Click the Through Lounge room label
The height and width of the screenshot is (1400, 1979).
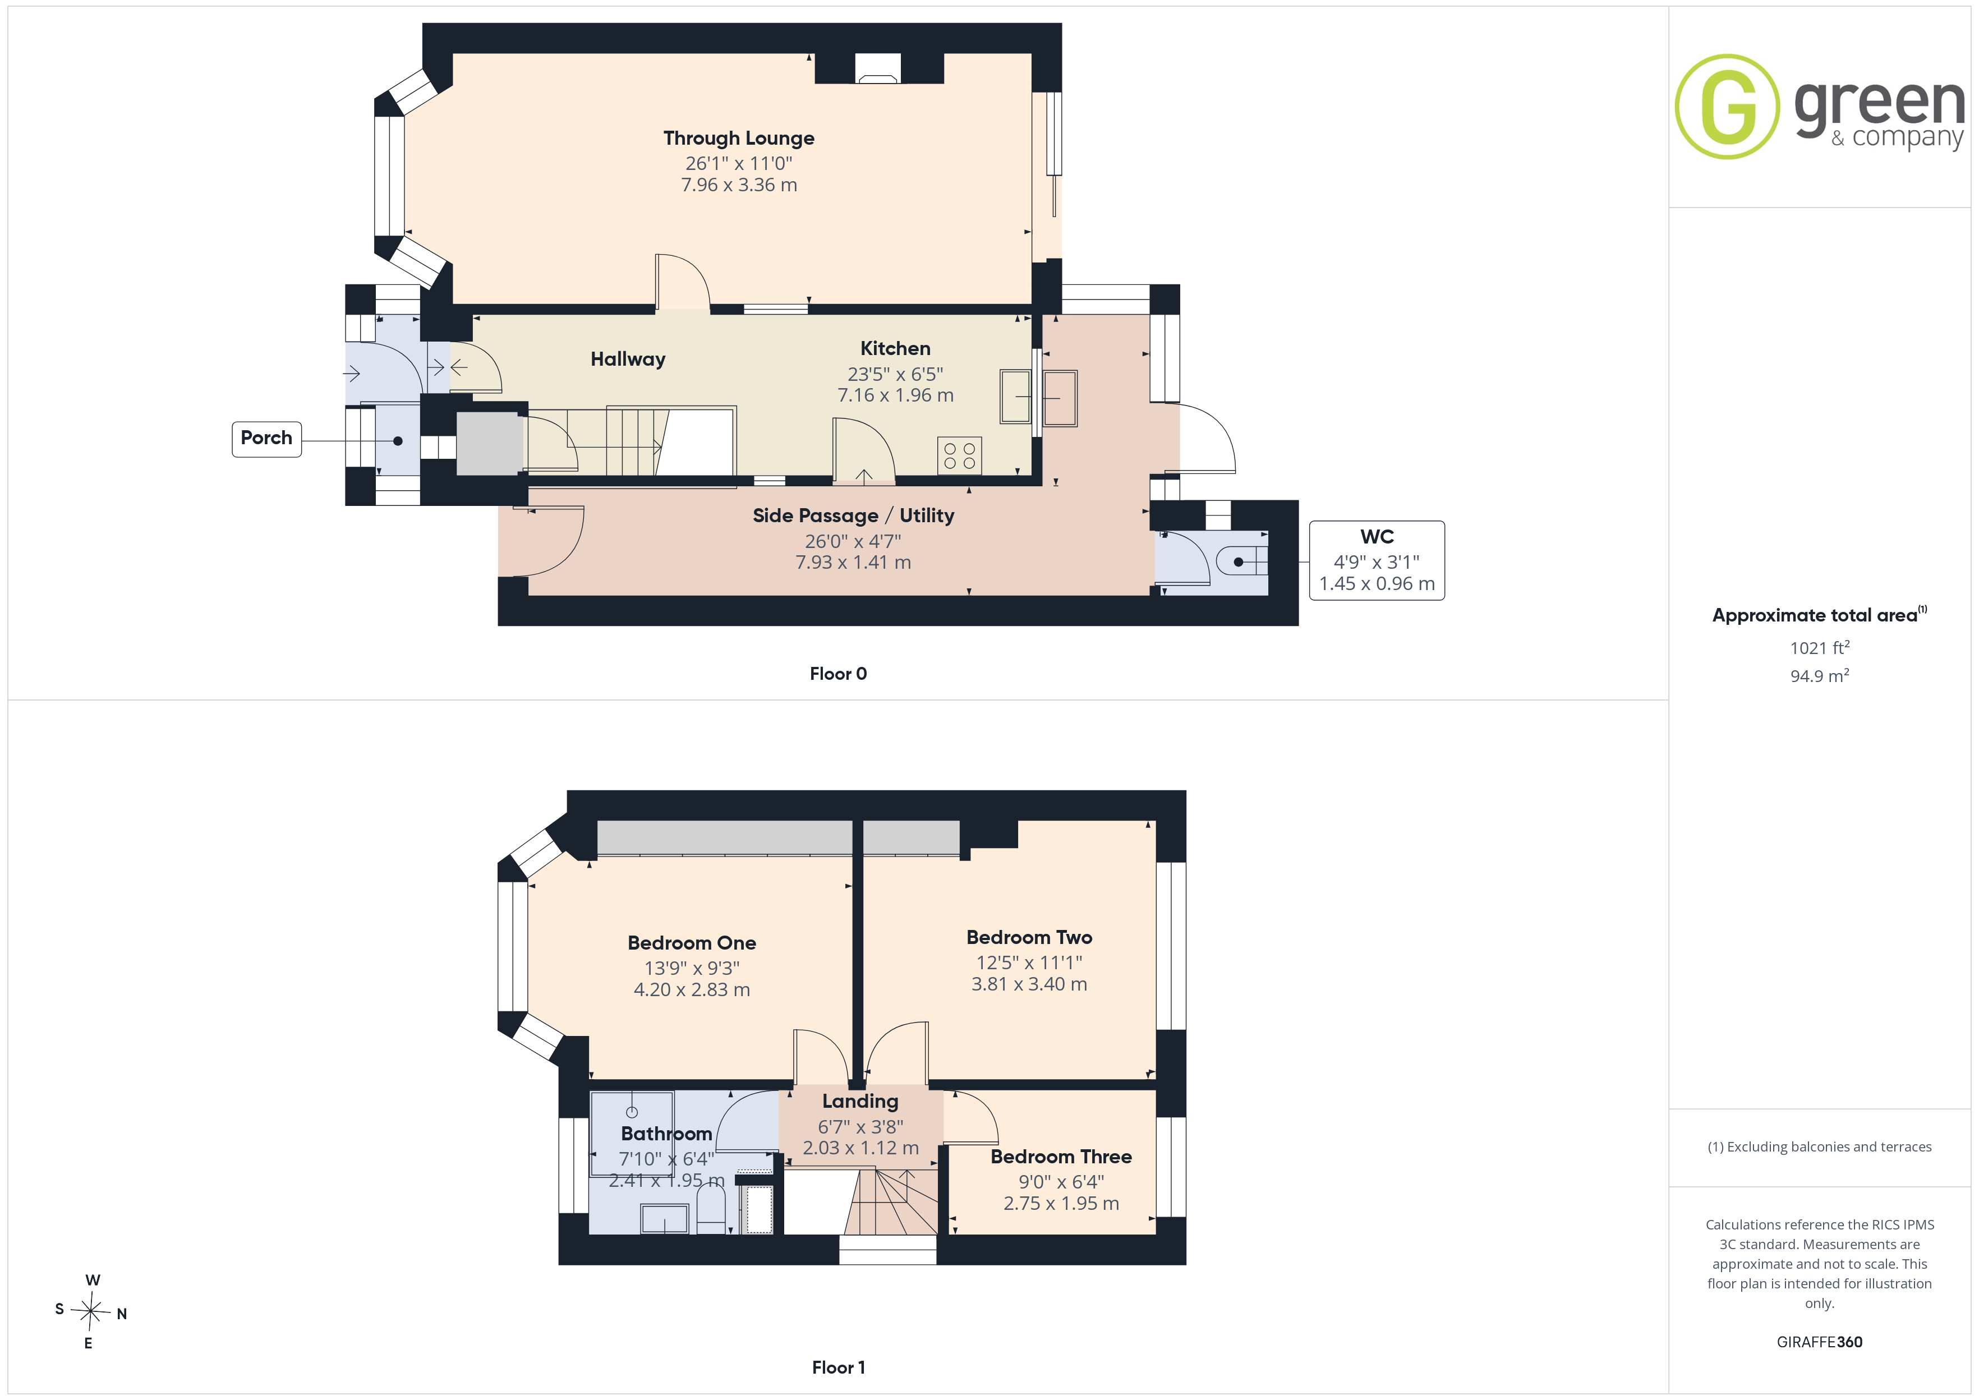point(739,139)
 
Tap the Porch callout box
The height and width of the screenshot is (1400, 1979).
point(266,439)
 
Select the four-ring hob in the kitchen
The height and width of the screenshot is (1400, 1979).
point(959,456)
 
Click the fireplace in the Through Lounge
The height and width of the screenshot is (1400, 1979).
point(877,68)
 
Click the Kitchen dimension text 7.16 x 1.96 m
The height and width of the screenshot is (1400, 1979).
point(896,395)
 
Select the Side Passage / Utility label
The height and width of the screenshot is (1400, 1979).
point(853,515)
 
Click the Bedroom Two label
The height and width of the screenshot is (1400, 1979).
point(1029,937)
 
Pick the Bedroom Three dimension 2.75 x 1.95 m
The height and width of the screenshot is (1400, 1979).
point(1061,1204)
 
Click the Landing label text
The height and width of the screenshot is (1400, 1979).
point(860,1102)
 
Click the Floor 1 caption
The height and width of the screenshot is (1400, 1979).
point(838,1368)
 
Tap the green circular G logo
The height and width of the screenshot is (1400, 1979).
point(1727,107)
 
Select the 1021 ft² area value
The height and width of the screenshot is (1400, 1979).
point(1820,647)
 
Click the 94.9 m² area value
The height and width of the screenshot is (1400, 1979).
point(1820,676)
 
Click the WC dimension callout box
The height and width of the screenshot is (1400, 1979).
point(1377,560)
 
